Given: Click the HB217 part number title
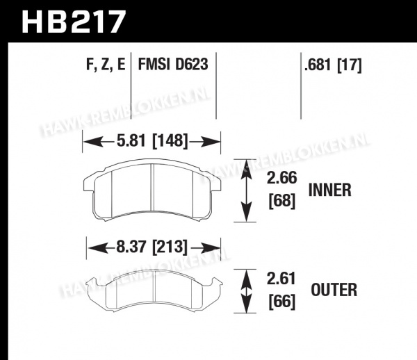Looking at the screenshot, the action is pyautogui.click(x=74, y=22).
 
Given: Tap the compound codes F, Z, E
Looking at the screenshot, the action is pyautogui.click(x=106, y=65).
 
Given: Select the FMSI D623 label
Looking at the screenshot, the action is pyautogui.click(x=173, y=65).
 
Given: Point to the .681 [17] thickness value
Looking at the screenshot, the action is pyautogui.click(x=333, y=65).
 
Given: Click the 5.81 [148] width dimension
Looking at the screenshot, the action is pyautogui.click(x=152, y=140).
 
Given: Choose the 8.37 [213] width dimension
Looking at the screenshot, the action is pyautogui.click(x=152, y=247).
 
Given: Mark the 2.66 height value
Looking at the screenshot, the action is pyautogui.click(x=281, y=178).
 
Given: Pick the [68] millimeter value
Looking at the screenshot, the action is pyautogui.click(x=282, y=201).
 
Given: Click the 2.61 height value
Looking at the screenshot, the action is pyautogui.click(x=281, y=279).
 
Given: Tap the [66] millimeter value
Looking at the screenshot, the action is pyautogui.click(x=282, y=302).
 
